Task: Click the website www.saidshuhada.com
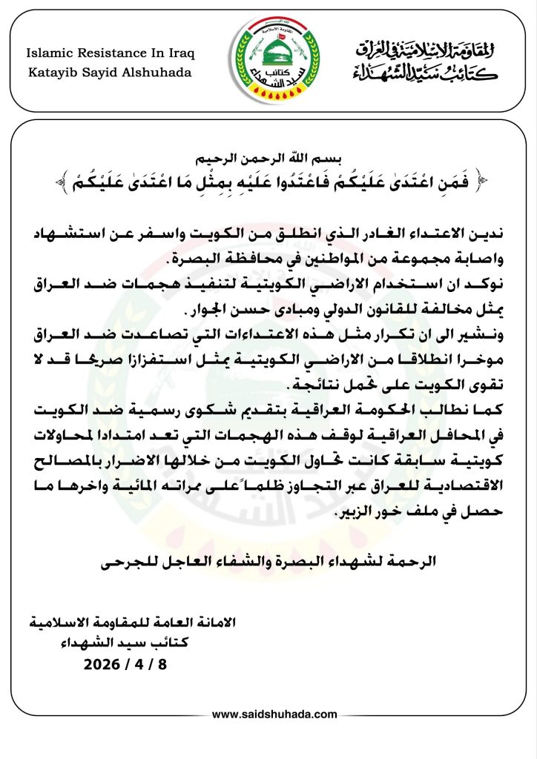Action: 274,715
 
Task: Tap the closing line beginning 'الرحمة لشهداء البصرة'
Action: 268,563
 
